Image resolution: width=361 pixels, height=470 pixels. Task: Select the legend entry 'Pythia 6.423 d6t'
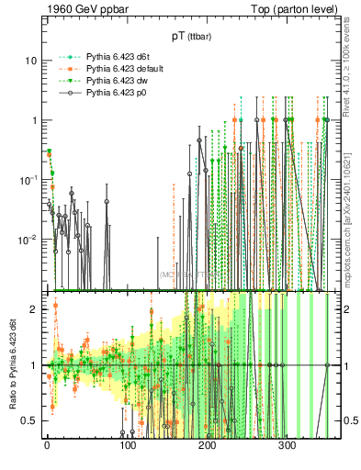click(x=118, y=57)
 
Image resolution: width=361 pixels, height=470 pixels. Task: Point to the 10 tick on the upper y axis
click(x=30, y=61)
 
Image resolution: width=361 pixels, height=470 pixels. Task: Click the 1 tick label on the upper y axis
click(x=33, y=120)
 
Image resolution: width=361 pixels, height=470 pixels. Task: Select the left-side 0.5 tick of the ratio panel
click(x=29, y=421)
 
